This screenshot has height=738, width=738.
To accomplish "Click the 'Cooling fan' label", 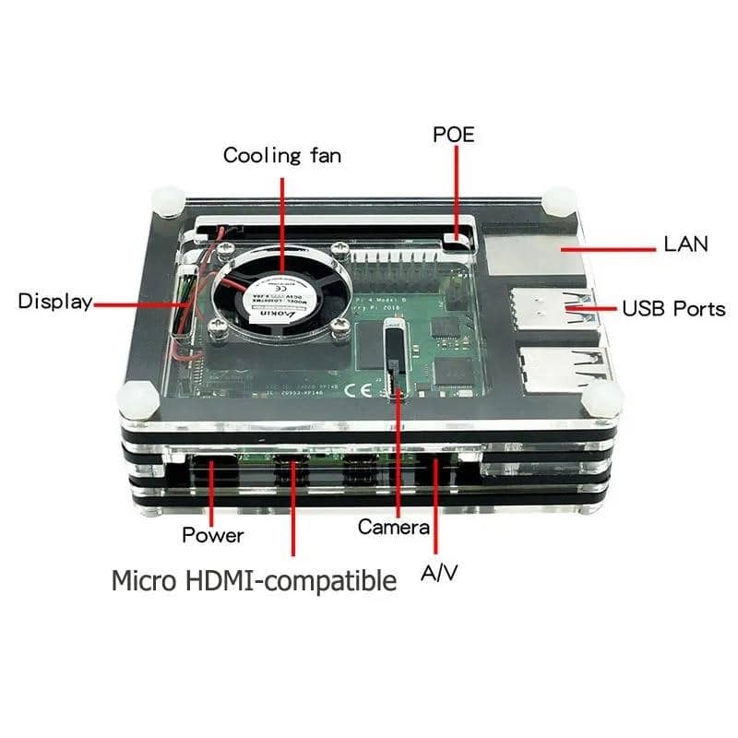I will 282,155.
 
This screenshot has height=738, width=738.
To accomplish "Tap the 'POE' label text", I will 454,134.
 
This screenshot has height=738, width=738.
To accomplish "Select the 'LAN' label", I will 685,244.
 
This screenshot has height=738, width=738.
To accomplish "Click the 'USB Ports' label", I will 673,308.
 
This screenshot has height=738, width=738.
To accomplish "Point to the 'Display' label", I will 55,302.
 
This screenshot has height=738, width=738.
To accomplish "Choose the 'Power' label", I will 213,535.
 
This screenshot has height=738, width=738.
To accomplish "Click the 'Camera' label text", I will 394,528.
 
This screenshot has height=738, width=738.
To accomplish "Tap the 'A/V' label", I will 439,573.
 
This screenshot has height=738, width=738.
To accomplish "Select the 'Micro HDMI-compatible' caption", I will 254,581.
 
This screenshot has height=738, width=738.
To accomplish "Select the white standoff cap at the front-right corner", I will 602,399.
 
